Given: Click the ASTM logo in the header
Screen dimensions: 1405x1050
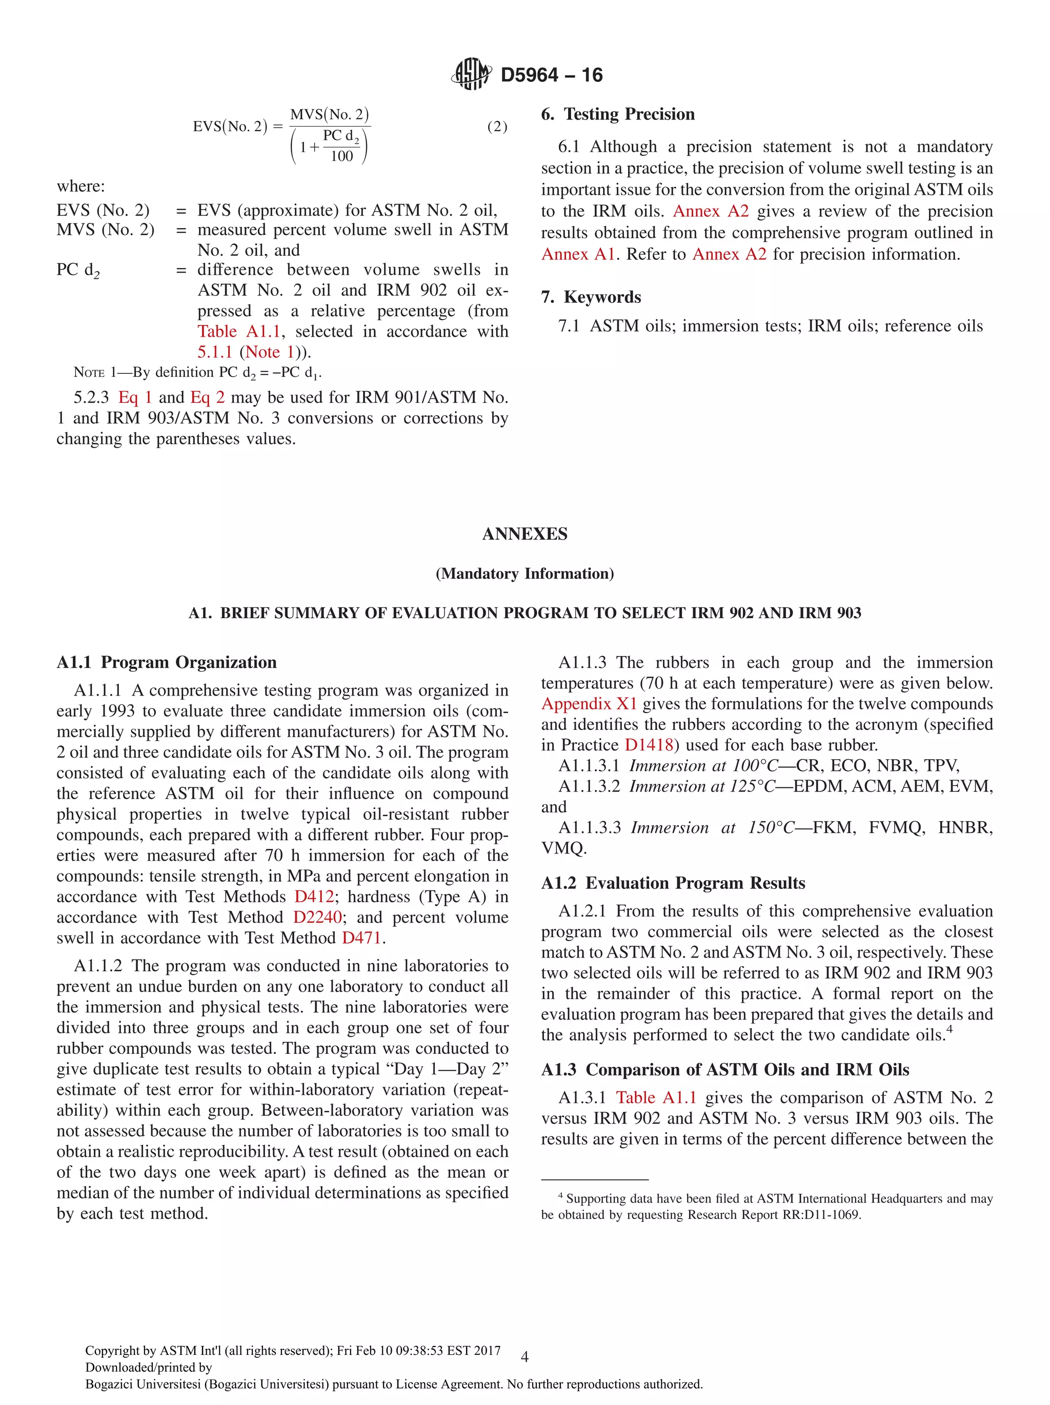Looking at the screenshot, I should (x=471, y=74).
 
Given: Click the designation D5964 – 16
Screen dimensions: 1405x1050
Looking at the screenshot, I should (x=551, y=75).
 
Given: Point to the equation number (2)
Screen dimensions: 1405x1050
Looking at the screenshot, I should (x=497, y=127).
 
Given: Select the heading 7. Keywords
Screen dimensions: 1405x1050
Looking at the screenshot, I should (x=591, y=297).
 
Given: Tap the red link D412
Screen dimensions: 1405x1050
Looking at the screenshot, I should (x=314, y=896).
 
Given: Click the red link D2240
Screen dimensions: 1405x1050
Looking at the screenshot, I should (x=317, y=917).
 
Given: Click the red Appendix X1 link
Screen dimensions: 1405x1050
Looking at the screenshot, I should (x=588, y=704).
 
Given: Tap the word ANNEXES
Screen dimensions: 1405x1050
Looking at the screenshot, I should (x=524, y=534).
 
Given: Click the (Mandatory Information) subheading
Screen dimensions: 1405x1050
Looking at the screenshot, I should (x=524, y=574).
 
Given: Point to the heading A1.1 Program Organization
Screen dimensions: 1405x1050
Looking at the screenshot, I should (x=167, y=662).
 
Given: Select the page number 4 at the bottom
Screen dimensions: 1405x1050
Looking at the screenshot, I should (x=524, y=1357).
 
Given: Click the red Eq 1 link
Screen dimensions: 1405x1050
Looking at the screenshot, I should (x=135, y=398).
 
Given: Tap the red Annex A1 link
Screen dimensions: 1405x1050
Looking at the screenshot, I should (x=578, y=254).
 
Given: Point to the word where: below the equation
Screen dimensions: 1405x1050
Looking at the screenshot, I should (x=80, y=186).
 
